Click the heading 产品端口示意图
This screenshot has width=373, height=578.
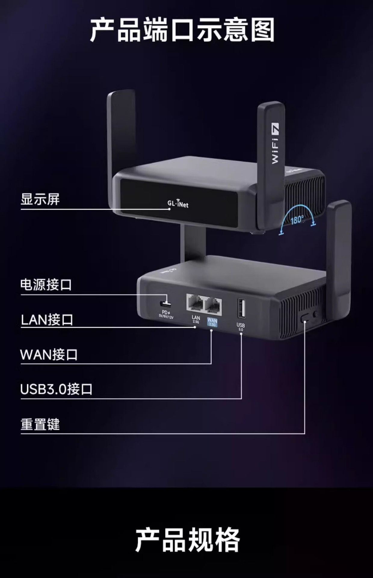[x=182, y=30]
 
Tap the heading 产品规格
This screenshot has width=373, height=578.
[x=187, y=539]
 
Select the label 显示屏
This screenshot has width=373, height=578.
[x=40, y=199]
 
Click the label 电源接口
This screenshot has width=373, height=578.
[x=46, y=285]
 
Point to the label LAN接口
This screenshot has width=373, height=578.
[x=47, y=320]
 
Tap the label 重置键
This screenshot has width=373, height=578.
[x=40, y=424]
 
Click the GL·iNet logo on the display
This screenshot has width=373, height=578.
[x=178, y=204]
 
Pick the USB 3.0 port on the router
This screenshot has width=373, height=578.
[x=241, y=308]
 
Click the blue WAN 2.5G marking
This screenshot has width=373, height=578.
[x=212, y=322]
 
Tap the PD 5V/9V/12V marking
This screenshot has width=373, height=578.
[x=166, y=315]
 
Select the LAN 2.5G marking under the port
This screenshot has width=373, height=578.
[x=196, y=319]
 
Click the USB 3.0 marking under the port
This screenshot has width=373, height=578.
[x=241, y=327]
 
